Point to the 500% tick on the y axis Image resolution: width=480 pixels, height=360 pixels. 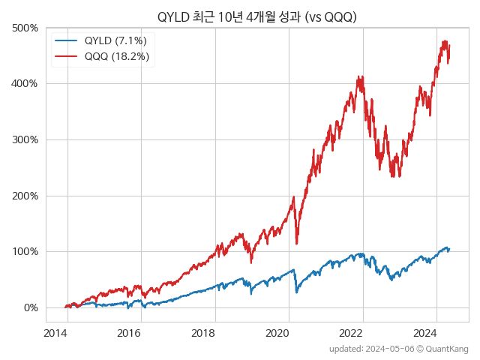(x=25, y=28)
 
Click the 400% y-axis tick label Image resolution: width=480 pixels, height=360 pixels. (x=25, y=83)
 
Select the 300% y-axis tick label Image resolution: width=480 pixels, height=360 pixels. (x=25, y=139)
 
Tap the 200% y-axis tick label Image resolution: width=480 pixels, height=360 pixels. (x=25, y=196)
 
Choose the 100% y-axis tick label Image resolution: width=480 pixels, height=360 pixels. (x=25, y=251)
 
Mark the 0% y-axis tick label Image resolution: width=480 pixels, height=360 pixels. (x=29, y=307)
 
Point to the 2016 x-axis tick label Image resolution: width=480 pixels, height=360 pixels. (x=130, y=333)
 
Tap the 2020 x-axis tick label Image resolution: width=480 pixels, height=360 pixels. (x=278, y=333)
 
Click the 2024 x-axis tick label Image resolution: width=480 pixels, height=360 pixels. (x=426, y=333)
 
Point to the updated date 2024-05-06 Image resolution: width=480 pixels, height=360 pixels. (x=383, y=349)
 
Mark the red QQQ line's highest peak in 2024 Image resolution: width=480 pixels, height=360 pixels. (x=445, y=41)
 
